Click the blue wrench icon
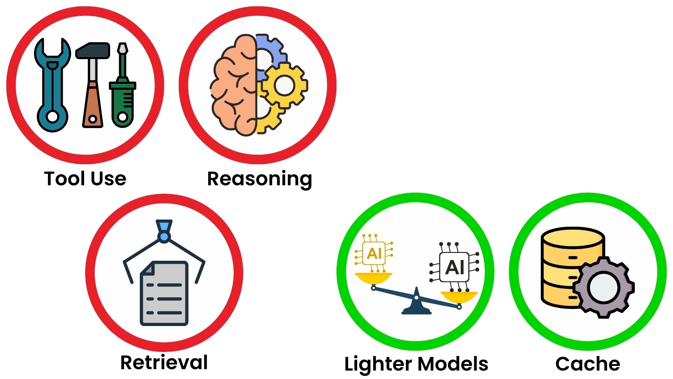[53, 85]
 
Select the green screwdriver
[122, 85]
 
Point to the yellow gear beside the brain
[284, 85]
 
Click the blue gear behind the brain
[270, 56]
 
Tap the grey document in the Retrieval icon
[164, 293]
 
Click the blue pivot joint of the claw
[164, 237]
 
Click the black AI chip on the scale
[454, 267]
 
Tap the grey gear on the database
[604, 287]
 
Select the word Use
[109, 179]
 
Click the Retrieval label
[164, 362]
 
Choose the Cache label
[588, 364]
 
